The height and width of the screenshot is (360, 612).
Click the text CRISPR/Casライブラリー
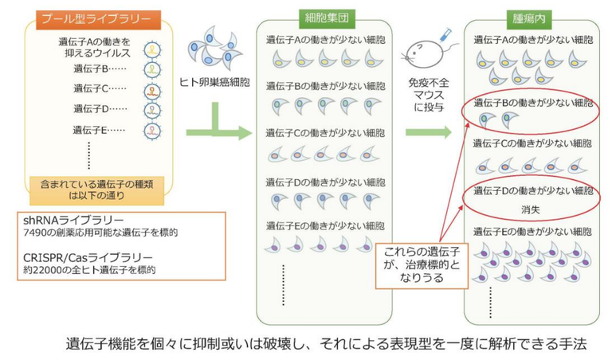pyautogui.click(x=80, y=258)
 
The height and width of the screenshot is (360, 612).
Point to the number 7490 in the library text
pyautogui.click(x=36, y=233)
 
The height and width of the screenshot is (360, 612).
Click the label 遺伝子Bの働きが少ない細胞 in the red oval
pyautogui.click(x=532, y=103)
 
